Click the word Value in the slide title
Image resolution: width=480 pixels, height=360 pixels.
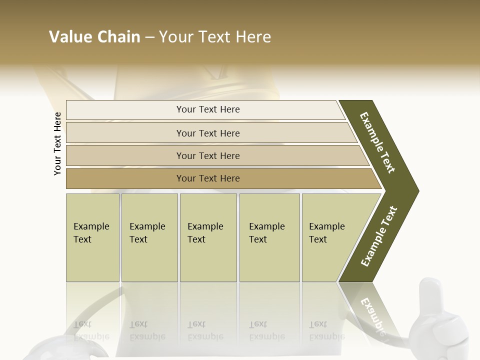tap(70, 37)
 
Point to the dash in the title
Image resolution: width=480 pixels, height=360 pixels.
tap(149, 37)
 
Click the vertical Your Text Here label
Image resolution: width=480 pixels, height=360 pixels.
tap(57, 143)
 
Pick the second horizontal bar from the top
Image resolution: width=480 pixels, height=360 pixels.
tap(208, 133)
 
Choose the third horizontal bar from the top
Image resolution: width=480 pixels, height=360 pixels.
tap(208, 156)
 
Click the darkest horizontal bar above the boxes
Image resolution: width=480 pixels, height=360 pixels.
tap(208, 178)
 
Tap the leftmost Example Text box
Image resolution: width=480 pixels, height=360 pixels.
tap(92, 237)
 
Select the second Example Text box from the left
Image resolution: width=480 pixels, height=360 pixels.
tap(149, 237)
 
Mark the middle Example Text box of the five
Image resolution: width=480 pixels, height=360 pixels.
tap(208, 237)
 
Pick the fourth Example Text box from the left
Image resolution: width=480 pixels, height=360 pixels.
tap(269, 237)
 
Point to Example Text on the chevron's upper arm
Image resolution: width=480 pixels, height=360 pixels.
tap(377, 142)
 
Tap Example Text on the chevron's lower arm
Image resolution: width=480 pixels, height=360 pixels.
tap(378, 236)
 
